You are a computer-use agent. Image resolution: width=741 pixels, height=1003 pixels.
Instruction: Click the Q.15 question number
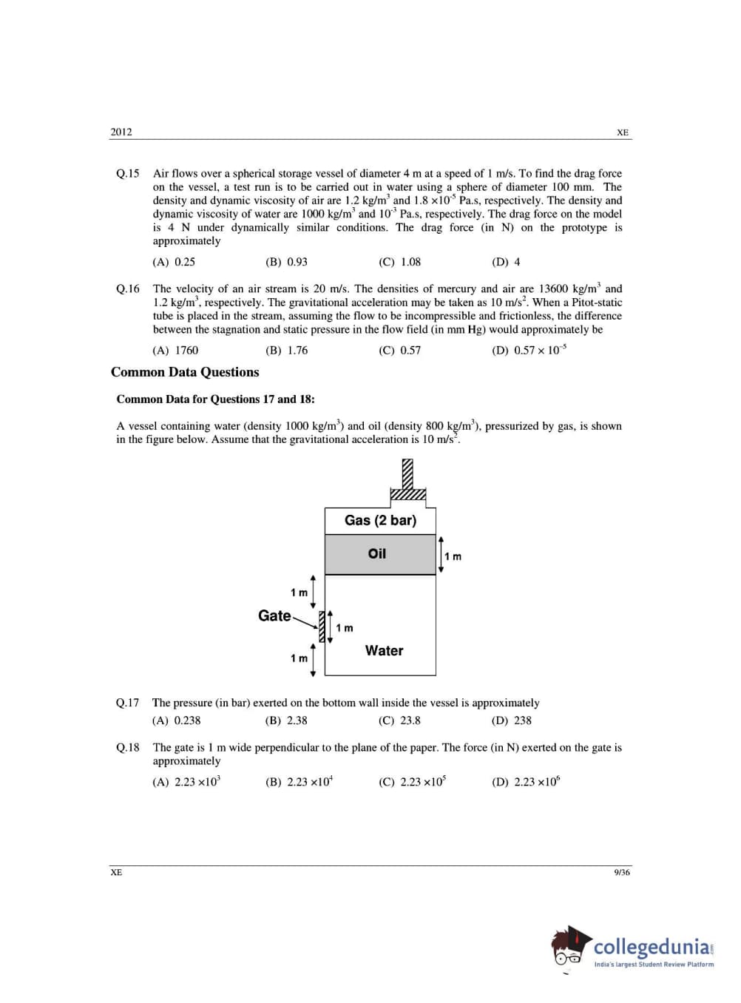pos(127,174)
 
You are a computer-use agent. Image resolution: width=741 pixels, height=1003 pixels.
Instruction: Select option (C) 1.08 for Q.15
pos(399,262)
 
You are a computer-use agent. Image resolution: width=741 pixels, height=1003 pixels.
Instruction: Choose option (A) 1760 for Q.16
pos(175,351)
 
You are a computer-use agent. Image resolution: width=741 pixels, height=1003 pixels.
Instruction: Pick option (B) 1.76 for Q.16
pos(286,351)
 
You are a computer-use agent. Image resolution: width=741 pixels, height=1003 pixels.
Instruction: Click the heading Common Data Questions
pos(185,372)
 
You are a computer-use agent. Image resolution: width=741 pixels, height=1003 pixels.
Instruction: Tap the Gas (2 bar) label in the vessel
pos(380,521)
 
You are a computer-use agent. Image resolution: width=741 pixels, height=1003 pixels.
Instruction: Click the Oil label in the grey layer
pos(377,554)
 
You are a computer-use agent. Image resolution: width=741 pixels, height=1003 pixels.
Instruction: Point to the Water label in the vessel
pos(384,651)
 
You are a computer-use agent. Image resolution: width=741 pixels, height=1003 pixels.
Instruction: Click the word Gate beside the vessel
pos(274,615)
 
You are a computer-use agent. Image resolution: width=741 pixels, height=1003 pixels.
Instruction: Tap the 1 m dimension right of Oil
pos(453,556)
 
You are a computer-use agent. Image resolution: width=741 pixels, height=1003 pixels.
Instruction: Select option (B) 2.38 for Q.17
pos(286,720)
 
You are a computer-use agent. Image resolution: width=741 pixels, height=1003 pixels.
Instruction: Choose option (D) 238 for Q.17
pos(512,720)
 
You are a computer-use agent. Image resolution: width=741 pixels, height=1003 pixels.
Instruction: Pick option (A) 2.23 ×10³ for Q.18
pos(186,782)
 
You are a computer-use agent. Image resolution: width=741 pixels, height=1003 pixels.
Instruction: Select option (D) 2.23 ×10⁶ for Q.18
pos(526,782)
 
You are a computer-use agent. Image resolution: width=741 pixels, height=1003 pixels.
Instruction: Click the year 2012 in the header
pos(121,132)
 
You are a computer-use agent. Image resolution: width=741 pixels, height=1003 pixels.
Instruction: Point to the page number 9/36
pos(621,873)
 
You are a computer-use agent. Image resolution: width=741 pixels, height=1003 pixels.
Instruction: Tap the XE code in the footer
pos(116,873)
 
